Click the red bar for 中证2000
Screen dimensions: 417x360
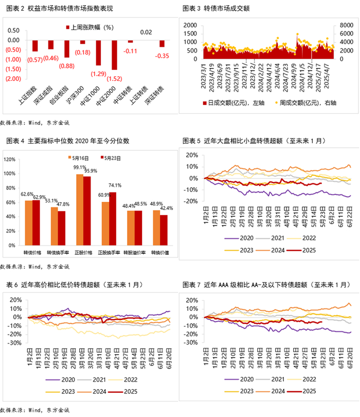114,55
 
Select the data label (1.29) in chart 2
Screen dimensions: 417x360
98,74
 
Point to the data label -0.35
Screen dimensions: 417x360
163,56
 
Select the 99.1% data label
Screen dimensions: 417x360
79,167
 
